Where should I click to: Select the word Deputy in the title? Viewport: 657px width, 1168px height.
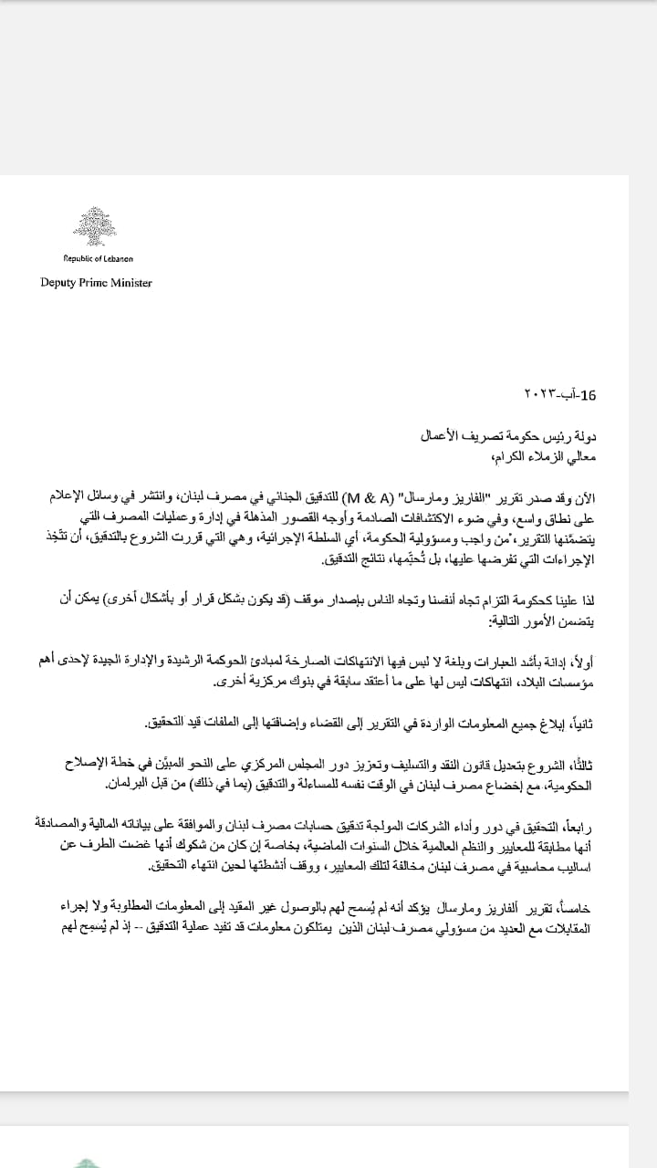pyautogui.click(x=58, y=282)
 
